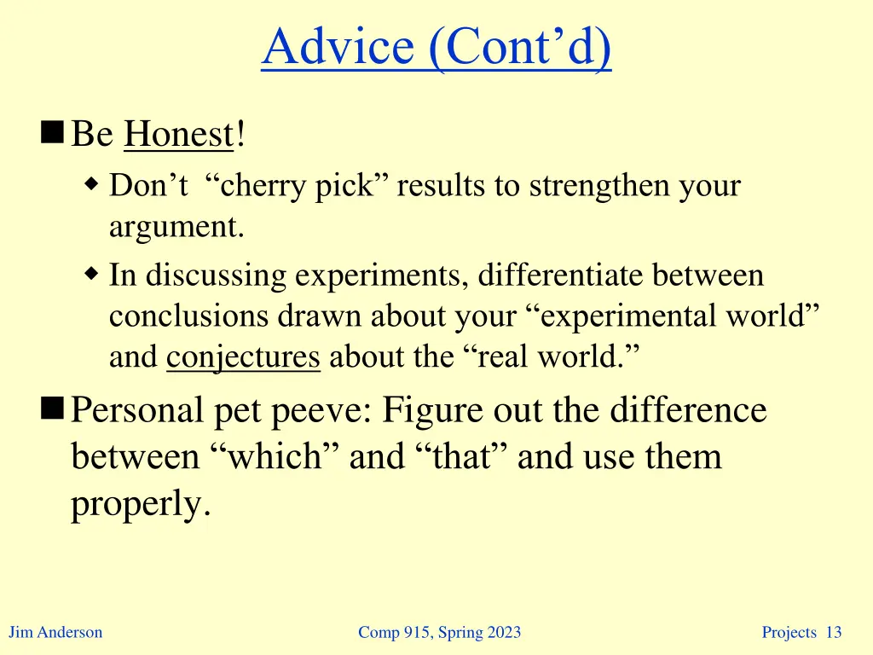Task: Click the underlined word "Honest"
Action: point(178,135)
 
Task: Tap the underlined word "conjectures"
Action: point(243,356)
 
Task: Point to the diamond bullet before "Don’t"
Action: point(92,184)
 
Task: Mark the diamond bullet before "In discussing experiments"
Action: point(92,275)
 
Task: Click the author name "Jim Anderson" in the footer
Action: point(55,632)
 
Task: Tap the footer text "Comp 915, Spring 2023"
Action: point(439,632)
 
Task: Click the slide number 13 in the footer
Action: point(834,632)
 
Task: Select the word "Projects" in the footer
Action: point(789,632)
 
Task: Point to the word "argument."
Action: point(176,227)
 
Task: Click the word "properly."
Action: point(140,504)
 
